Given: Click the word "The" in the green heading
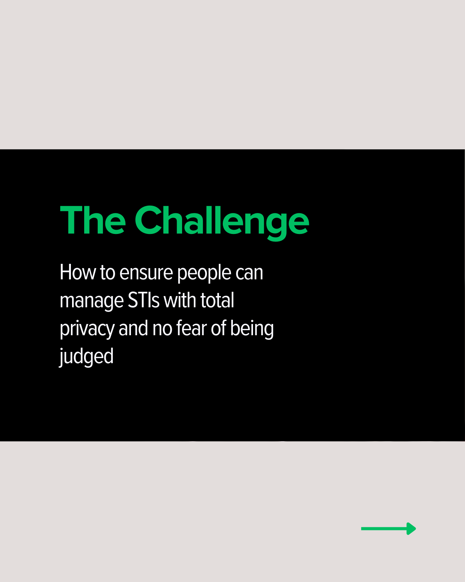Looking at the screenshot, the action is click(x=93, y=220).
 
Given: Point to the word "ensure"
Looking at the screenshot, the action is click(x=146, y=273).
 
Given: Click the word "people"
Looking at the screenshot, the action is click(x=204, y=273).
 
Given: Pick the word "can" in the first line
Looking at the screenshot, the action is click(x=249, y=273).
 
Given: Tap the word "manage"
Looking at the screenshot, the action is click(x=92, y=301).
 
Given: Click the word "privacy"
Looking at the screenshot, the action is click(x=87, y=329).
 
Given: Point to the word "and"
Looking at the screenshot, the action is click(x=133, y=328).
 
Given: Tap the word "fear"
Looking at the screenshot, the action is click(x=191, y=328).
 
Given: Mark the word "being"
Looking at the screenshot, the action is click(x=252, y=329).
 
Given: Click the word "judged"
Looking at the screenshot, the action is click(x=86, y=357).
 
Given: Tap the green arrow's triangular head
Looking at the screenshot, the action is click(x=411, y=529).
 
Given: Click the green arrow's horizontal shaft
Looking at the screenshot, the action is click(x=384, y=529).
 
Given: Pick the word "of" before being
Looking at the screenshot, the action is click(x=218, y=328).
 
